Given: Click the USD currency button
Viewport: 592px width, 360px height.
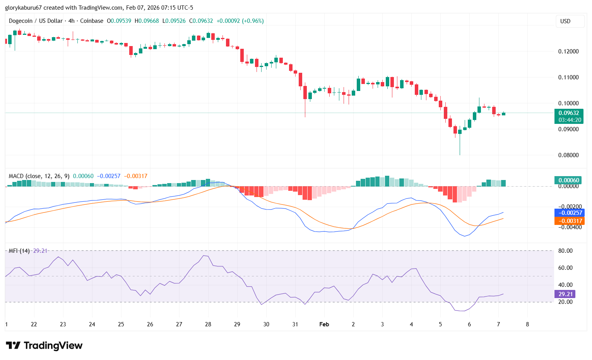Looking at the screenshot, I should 565,21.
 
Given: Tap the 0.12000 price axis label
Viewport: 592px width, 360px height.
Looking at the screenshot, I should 568,51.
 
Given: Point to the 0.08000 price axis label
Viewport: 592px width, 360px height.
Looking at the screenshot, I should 568,155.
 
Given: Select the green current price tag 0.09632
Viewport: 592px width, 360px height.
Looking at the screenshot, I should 568,113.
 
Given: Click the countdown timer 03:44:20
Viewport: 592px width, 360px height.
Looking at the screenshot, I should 568,120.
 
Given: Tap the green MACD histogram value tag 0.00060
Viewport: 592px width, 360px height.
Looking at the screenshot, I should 568,180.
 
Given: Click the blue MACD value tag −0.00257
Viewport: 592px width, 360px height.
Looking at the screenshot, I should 569,213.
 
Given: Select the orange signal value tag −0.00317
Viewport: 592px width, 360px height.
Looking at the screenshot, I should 569,221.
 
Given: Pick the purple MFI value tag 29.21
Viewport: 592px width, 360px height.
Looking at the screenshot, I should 565,294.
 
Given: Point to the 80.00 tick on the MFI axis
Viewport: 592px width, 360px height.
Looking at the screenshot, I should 565,251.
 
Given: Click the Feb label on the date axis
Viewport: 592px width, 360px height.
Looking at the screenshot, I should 324,324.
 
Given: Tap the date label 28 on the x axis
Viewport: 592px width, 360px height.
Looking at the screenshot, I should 208,324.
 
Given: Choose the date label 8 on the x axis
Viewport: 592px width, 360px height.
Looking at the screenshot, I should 527,324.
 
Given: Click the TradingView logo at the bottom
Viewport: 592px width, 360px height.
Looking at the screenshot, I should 44,345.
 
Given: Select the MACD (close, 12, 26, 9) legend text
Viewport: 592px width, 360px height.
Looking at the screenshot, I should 39,176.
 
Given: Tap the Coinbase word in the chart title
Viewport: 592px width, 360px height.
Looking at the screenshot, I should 92,21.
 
